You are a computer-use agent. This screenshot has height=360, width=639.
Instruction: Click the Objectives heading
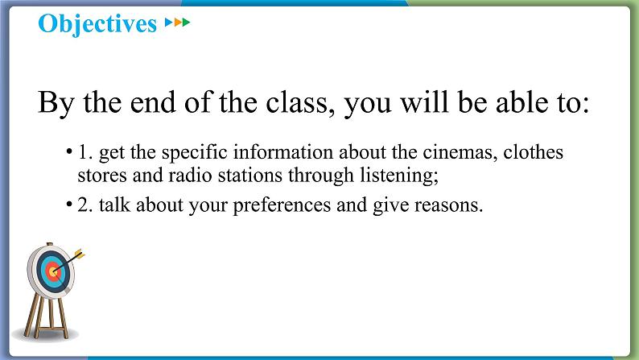coord(97,23)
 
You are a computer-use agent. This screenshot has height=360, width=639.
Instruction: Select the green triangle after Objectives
coord(186,22)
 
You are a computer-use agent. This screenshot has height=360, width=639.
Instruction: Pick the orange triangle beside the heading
coord(177,22)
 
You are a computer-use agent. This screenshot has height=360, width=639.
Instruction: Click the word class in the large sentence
coord(300,102)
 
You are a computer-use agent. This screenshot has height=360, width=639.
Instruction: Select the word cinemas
coord(460,152)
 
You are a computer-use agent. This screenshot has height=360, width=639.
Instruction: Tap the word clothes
coord(533,152)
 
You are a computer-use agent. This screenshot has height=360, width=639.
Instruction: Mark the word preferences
coord(282,205)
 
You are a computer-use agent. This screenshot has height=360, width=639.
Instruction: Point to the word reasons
coord(448,205)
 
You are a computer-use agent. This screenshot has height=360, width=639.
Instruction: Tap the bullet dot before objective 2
coord(69,204)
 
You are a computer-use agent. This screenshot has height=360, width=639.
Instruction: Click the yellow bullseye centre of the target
coord(52,270)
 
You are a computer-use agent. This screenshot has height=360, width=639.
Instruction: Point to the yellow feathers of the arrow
coord(80,254)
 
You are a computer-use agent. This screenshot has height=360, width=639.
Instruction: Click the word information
coord(283,152)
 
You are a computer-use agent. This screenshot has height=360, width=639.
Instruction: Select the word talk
coord(114,205)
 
